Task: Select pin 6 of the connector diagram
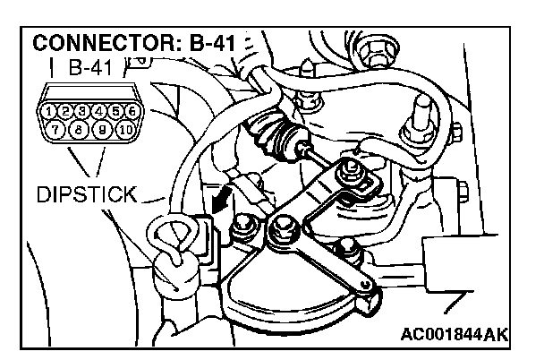[x=132, y=112]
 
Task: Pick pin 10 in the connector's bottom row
[x=123, y=130]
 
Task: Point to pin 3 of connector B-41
[x=82, y=112]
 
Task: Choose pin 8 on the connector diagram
[x=81, y=130]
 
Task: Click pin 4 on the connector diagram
[x=99, y=112]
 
